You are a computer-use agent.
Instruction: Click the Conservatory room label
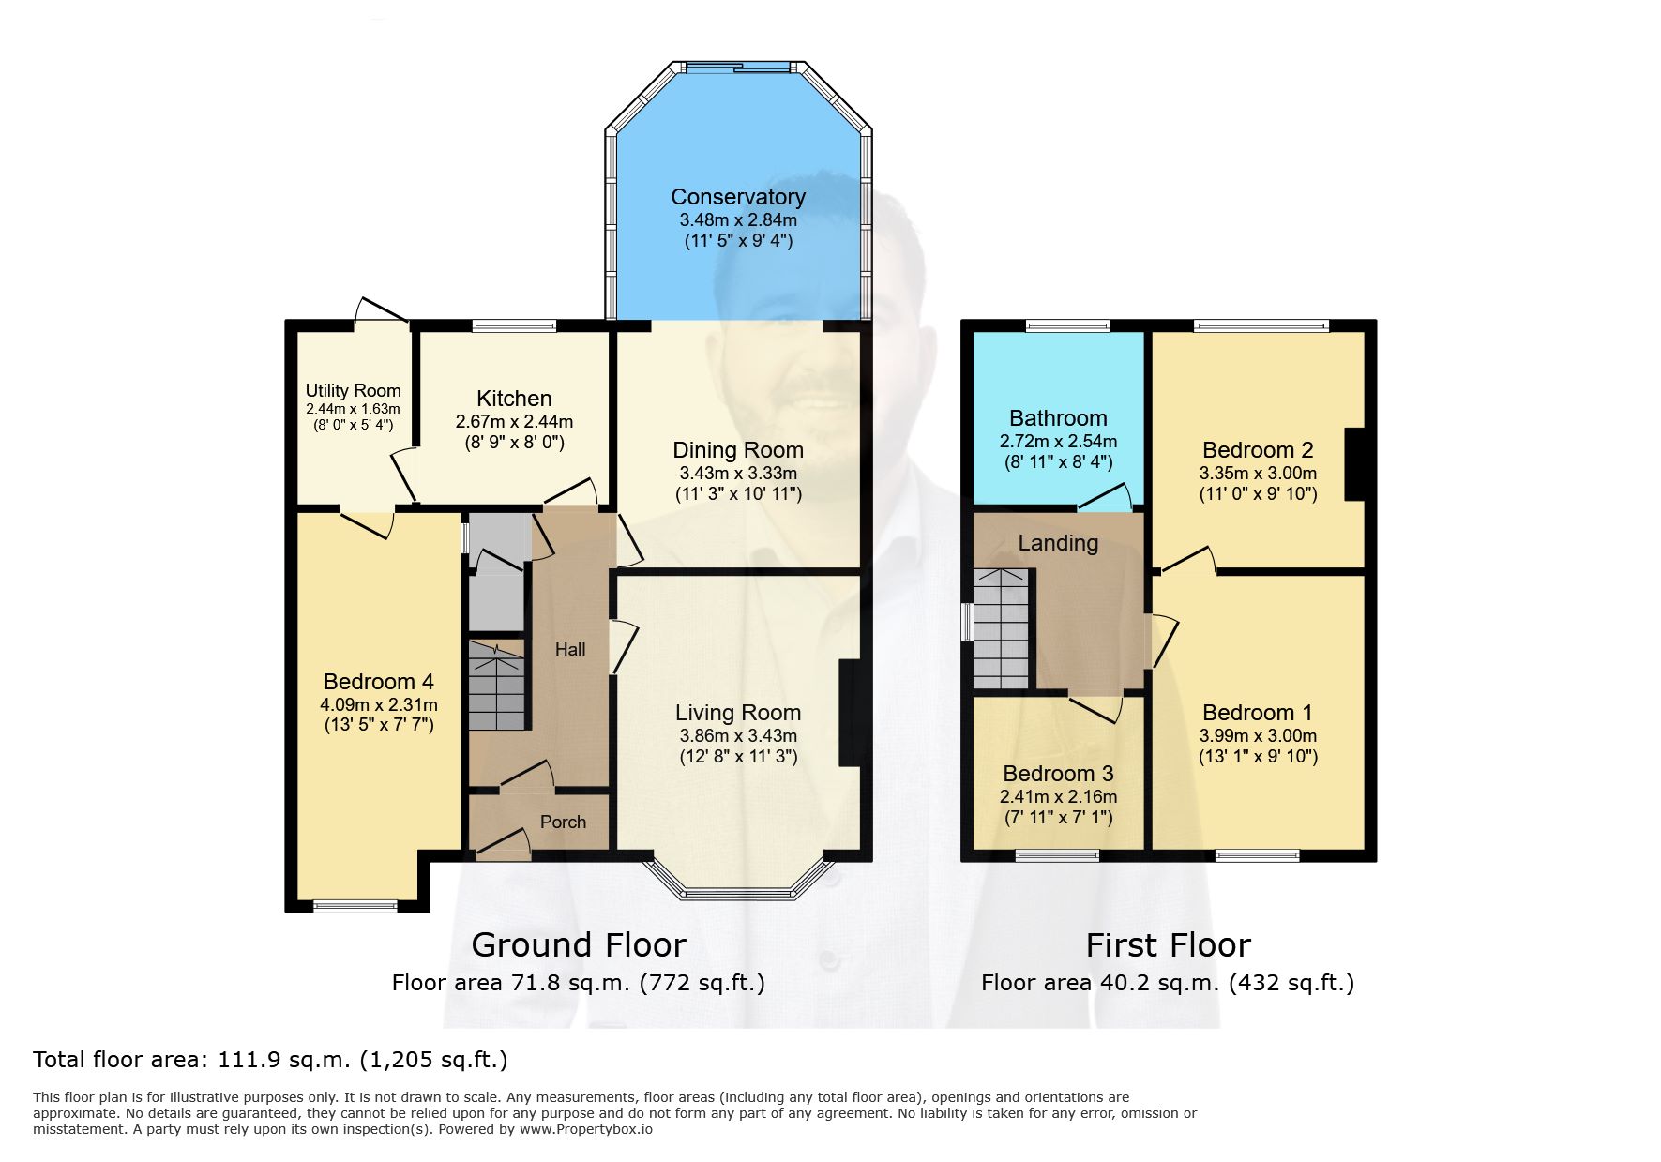click(x=738, y=197)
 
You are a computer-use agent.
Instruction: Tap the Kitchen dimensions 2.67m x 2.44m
click(x=514, y=422)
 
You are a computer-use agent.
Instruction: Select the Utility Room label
click(x=353, y=390)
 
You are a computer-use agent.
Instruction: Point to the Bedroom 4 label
click(x=379, y=682)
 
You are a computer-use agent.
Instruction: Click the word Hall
click(x=570, y=649)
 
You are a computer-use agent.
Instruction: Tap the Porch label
click(x=563, y=822)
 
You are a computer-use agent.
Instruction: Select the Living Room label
click(x=738, y=713)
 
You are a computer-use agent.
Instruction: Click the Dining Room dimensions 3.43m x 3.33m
click(x=738, y=474)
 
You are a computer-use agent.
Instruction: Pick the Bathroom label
click(x=1058, y=418)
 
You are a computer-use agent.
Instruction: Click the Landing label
click(x=1058, y=543)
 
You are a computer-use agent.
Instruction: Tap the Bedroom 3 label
click(x=1058, y=774)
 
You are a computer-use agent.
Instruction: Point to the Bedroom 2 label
click(x=1258, y=450)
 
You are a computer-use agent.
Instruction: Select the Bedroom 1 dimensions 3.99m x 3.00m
click(x=1258, y=736)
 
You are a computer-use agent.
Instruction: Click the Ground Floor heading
click(x=579, y=944)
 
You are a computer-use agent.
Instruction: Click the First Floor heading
click(x=1169, y=944)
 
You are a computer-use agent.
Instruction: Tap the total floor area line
click(x=270, y=1060)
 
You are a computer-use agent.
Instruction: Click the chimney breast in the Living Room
click(x=850, y=714)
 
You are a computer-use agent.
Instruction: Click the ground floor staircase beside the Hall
click(x=497, y=686)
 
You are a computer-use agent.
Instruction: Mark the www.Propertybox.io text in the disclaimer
click(x=586, y=1129)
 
